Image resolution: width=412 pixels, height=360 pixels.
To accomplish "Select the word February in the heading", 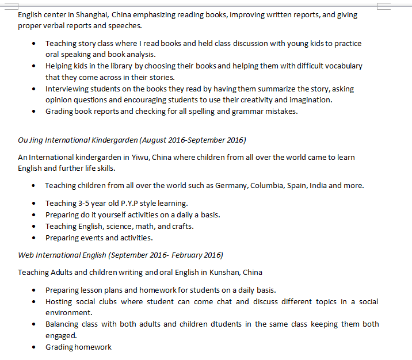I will click(x=185, y=255).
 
